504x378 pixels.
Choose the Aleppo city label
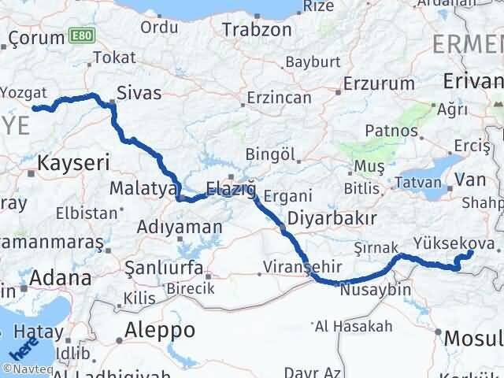point(156,328)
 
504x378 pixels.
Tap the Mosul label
point(473,338)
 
